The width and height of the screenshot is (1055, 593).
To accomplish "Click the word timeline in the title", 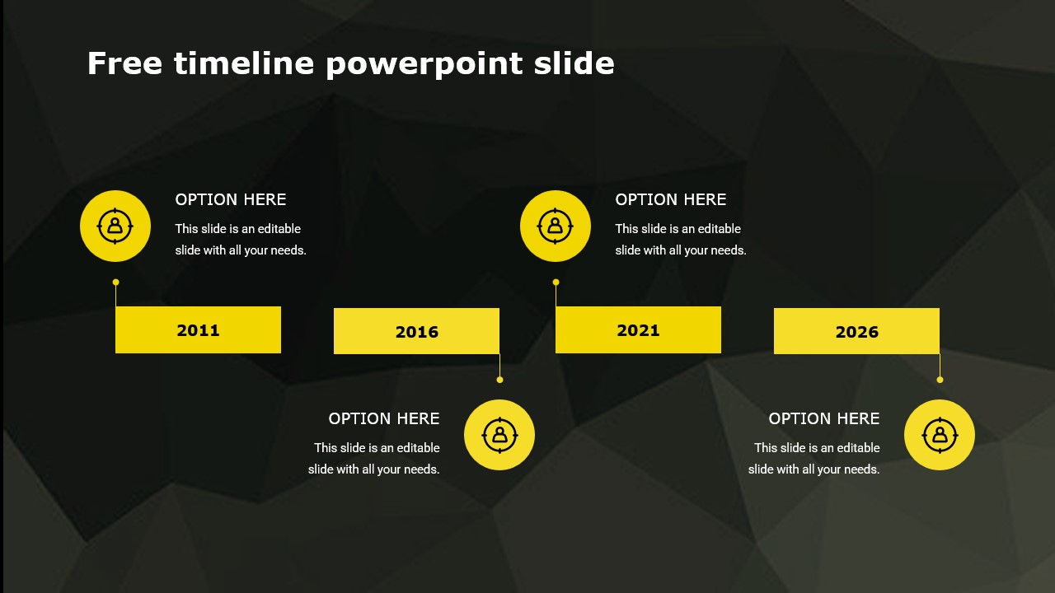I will pos(244,63).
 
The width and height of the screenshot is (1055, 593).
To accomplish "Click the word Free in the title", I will pos(124,63).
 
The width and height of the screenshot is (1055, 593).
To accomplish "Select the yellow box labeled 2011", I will pos(198,329).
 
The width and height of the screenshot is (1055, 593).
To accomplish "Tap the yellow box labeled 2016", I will pos(416,331).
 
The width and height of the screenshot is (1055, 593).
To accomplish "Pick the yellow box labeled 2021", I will pos(638,329).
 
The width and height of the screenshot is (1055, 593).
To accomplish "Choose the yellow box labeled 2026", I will pos(856,331).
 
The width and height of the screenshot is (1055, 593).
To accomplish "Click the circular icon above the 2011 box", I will pos(115,226).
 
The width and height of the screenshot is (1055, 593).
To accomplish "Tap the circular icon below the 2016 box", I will pos(499,435).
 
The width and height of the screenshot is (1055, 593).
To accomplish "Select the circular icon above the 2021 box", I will pos(556,226).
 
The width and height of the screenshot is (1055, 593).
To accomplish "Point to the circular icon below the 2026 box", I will pos(940,435).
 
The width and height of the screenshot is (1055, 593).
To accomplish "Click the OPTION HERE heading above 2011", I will pos(231,199).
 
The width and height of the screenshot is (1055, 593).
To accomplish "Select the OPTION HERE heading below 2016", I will pos(384,418).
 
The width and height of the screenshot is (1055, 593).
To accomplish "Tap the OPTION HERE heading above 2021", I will pos(671,199).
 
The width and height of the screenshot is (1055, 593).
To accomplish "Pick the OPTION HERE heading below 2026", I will pos(824,418).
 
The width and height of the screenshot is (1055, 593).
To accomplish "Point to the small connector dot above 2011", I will pos(115,282).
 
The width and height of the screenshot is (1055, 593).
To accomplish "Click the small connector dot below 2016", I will pos(499,380).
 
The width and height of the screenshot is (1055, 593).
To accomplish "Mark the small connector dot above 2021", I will pos(556,282).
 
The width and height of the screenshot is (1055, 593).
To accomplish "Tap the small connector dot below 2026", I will pos(940,380).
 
